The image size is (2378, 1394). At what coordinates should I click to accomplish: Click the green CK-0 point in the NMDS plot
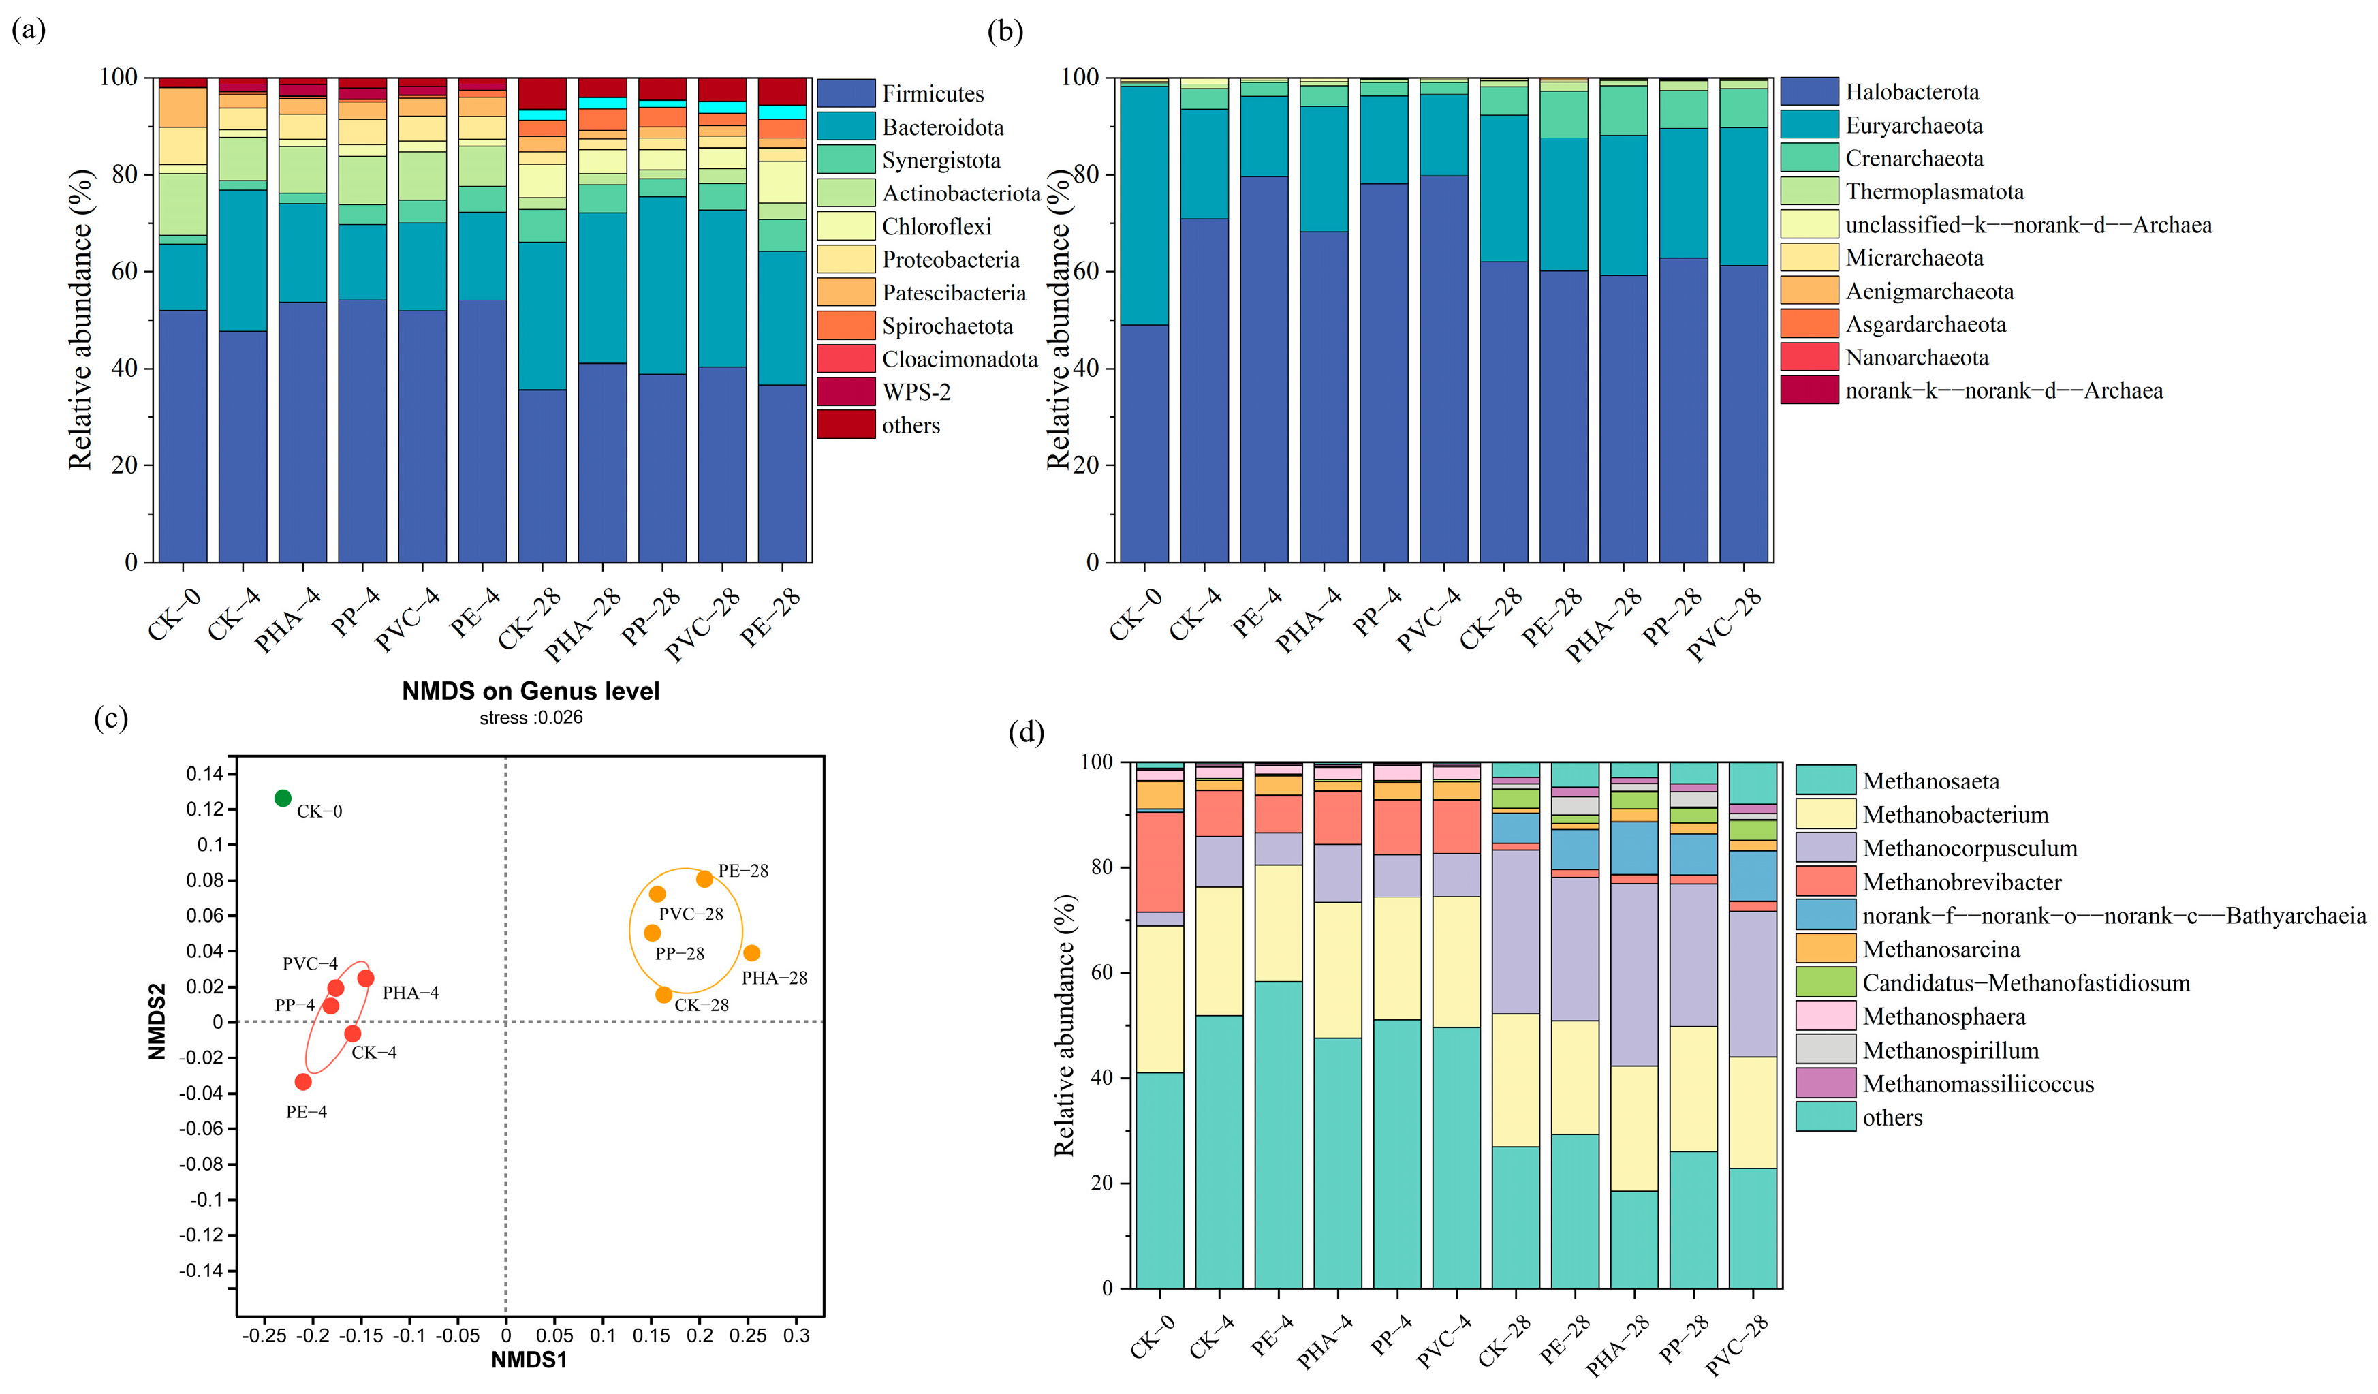point(282,799)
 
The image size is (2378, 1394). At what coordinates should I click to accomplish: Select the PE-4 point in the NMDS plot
point(303,1081)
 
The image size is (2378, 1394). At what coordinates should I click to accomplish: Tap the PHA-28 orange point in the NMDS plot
point(751,953)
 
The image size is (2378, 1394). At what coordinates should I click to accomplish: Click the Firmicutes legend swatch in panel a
point(845,93)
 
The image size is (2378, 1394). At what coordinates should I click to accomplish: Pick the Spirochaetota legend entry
point(946,326)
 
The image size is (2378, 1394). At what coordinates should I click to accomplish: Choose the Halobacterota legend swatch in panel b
point(1809,91)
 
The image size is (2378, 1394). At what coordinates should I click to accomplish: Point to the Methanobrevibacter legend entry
point(1961,882)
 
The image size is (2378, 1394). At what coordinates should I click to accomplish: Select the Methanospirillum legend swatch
point(1825,1049)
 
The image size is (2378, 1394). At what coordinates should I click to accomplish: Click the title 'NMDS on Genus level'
point(531,691)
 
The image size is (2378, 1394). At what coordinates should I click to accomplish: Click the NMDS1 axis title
point(529,1359)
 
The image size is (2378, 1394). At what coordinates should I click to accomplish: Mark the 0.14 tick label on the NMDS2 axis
point(205,774)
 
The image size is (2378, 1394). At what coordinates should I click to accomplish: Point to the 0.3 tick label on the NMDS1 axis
point(796,1335)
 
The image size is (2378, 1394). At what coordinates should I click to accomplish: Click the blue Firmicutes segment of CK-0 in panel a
point(183,434)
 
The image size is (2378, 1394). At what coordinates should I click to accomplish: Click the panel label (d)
point(1026,732)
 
